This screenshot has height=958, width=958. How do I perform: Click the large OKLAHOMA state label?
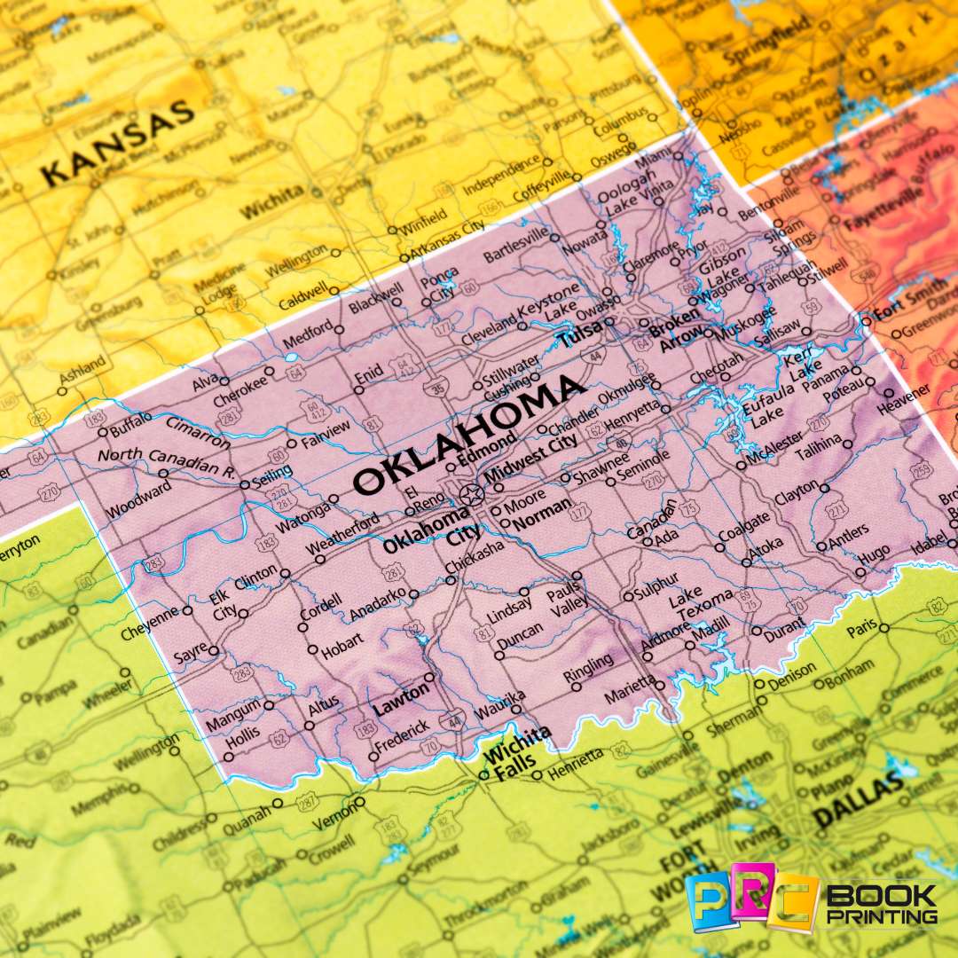(x=470, y=435)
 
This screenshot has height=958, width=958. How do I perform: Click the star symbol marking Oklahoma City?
(x=470, y=493)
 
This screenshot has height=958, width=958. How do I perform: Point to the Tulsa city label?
(x=580, y=333)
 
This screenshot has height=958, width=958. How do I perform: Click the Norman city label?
(x=543, y=517)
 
